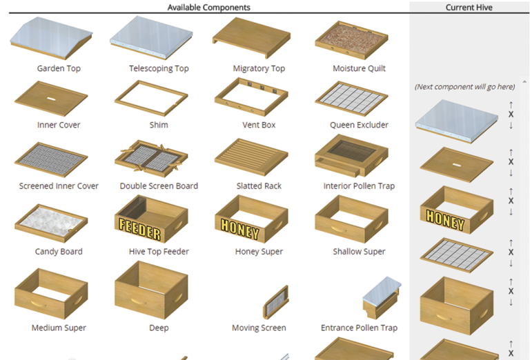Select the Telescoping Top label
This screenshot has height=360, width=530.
tap(159, 68)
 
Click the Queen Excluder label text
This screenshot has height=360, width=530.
tap(359, 125)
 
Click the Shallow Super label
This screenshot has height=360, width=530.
tap(359, 252)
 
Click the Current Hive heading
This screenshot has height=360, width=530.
tap(469, 8)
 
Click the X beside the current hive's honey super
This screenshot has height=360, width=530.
tap(511, 201)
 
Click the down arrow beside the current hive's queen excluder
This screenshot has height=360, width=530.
tap(511, 263)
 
